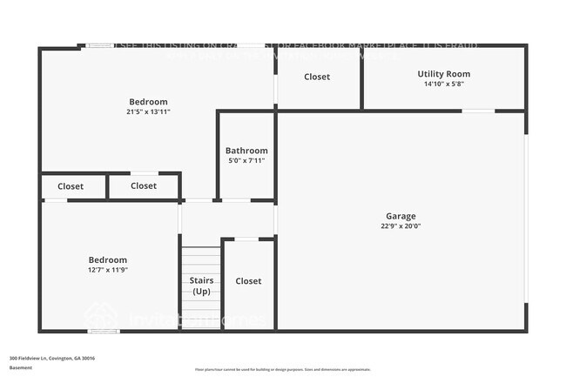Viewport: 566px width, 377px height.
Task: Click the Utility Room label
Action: tap(444, 74)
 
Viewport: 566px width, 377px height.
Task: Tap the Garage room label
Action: tap(401, 216)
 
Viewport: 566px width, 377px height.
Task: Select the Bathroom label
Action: tap(246, 151)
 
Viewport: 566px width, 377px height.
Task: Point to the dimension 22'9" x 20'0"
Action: tap(401, 226)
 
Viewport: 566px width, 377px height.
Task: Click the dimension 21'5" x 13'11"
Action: tap(148, 112)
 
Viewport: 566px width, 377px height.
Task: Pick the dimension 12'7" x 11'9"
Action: tap(108, 270)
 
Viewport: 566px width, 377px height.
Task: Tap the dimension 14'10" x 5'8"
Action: tap(444, 84)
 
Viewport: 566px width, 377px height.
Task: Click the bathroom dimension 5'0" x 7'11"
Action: tap(246, 161)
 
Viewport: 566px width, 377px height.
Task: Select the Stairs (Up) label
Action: tap(201, 286)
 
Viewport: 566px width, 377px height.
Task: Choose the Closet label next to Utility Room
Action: tap(317, 77)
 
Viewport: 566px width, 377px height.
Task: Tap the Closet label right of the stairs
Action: tap(248, 281)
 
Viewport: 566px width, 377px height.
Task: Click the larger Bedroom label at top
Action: tap(148, 102)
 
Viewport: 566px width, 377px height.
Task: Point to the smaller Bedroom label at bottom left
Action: tap(108, 259)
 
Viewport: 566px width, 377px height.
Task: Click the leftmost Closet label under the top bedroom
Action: tap(71, 185)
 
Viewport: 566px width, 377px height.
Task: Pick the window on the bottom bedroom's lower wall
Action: tap(104, 331)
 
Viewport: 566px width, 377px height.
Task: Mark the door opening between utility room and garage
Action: tap(478, 111)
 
